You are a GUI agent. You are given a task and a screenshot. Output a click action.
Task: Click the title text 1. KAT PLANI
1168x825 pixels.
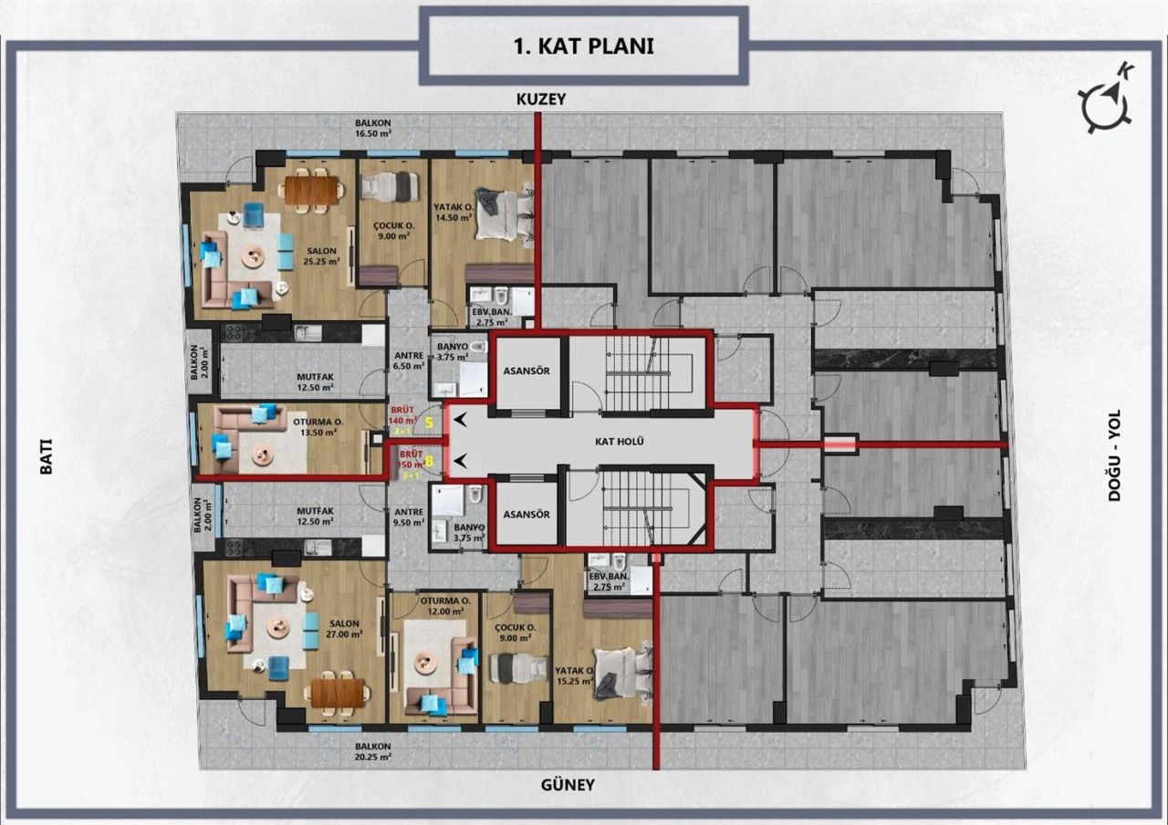point(584,46)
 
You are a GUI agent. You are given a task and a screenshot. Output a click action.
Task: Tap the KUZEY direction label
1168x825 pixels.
point(541,99)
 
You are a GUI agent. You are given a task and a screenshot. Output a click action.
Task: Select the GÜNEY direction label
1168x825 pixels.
point(568,784)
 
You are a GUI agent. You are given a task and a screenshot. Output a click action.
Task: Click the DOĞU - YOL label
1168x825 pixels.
point(1114,454)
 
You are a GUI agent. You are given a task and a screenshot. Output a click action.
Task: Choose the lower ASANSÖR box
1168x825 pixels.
point(527,514)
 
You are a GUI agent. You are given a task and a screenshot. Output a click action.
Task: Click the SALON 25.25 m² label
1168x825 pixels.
point(322,256)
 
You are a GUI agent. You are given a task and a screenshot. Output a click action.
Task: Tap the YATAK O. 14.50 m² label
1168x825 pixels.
point(454,213)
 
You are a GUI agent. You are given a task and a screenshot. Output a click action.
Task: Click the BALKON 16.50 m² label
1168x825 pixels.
point(373,128)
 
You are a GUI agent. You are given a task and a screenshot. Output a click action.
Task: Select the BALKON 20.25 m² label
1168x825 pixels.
point(373,750)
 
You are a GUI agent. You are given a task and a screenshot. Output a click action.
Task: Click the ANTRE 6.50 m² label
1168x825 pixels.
point(406,360)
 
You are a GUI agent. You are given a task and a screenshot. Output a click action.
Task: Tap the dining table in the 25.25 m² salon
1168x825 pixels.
point(313,189)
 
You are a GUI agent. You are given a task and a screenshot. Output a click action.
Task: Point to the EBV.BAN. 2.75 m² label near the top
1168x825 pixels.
point(491,317)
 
